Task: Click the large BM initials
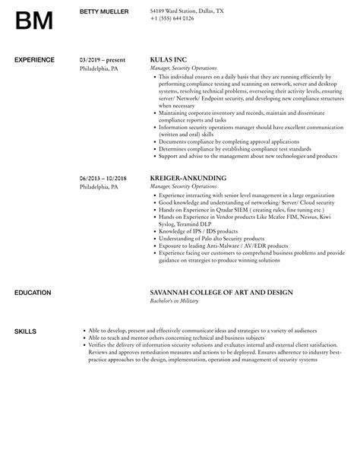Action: point(33,20)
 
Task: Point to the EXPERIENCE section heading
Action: point(35,59)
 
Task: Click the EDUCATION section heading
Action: point(33,293)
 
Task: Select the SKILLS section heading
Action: point(25,331)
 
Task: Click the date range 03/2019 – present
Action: point(103,59)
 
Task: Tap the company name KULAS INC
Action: point(168,59)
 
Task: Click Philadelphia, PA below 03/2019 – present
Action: point(99,68)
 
